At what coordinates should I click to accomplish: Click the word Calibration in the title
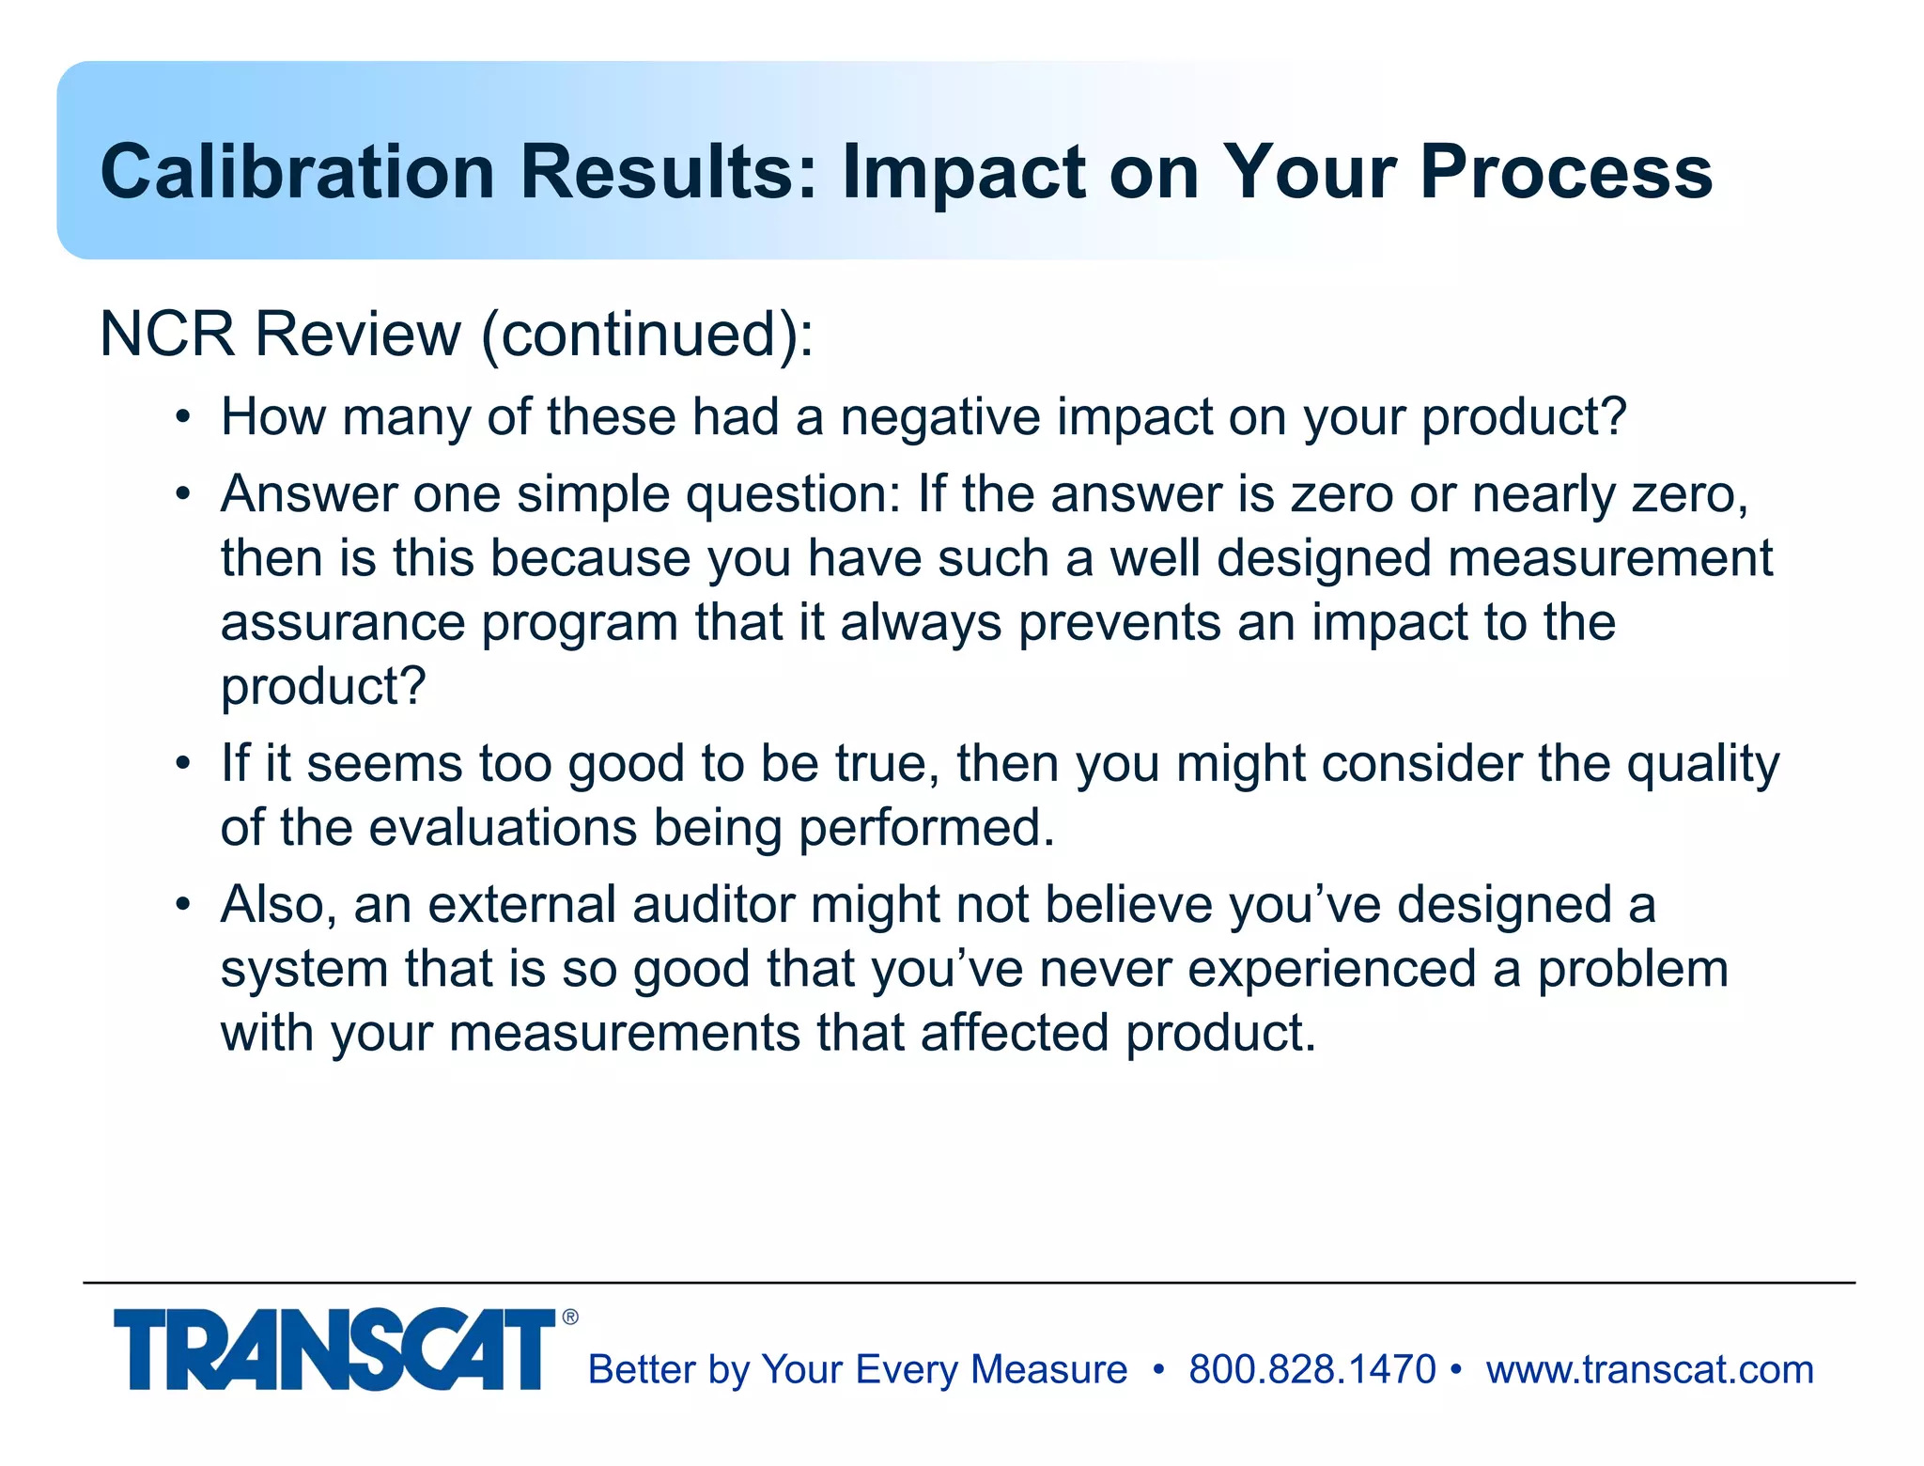click(297, 172)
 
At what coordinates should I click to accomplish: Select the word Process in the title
click(1566, 172)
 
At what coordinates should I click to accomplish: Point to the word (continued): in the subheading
click(647, 334)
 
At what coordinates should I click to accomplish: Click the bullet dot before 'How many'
click(183, 416)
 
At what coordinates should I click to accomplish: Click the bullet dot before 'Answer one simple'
click(183, 493)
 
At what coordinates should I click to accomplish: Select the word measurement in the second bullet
click(1610, 558)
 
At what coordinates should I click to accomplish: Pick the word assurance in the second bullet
click(343, 622)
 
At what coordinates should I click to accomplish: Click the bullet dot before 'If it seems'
click(183, 762)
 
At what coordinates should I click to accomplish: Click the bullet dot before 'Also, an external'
click(183, 904)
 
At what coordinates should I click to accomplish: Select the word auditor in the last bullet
click(713, 904)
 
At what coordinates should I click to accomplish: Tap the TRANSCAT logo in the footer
click(334, 1349)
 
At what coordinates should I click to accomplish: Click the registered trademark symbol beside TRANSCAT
click(570, 1318)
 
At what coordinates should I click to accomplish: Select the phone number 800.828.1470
click(1311, 1369)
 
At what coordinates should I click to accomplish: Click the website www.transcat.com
click(1650, 1369)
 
